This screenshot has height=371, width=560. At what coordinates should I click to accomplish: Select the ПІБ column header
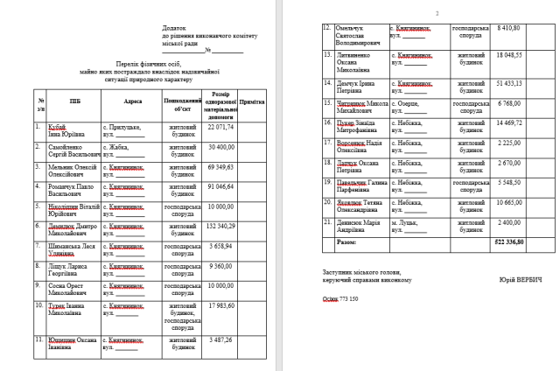[x=63, y=101]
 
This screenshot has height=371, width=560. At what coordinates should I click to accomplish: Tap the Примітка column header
[x=252, y=101]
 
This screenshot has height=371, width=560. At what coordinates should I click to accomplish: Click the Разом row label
[x=347, y=241]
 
